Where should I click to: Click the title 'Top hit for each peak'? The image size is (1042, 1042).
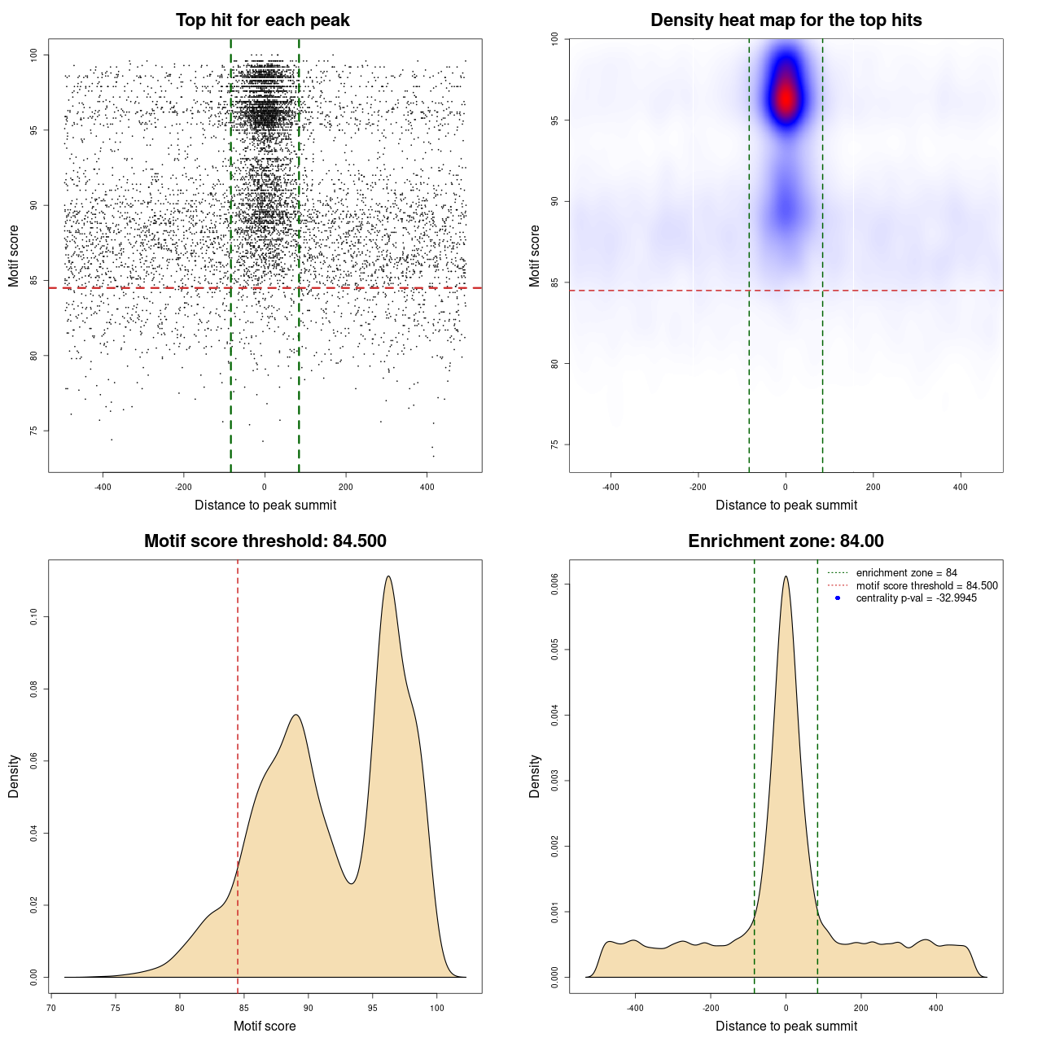262,20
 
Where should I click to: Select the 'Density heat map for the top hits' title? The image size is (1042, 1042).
786,20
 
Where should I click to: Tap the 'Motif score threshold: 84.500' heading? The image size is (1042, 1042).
265,541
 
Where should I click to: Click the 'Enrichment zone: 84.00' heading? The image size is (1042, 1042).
786,541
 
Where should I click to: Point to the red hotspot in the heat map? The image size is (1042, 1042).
786,97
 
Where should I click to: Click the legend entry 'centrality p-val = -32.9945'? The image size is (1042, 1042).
916,598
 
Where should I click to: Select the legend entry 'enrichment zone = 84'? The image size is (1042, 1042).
906,573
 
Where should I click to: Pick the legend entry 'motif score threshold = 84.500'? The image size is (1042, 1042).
926,586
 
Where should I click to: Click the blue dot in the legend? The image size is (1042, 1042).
838,598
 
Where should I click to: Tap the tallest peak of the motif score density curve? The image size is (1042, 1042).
388,576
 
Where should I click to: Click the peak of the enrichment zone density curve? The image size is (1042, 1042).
786,576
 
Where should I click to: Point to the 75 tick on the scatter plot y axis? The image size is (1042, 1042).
33,431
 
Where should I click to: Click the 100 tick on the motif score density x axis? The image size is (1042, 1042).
437,1008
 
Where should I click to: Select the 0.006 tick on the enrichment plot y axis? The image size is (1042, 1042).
554,584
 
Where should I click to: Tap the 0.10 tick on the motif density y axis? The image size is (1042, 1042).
33,617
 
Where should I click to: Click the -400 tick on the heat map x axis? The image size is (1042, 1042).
611,487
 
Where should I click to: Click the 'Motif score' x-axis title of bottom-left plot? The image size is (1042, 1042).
265,1026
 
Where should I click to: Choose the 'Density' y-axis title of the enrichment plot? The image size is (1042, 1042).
535,776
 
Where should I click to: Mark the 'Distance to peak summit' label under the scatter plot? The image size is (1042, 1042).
265,505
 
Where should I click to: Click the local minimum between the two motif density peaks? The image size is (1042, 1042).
351,884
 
